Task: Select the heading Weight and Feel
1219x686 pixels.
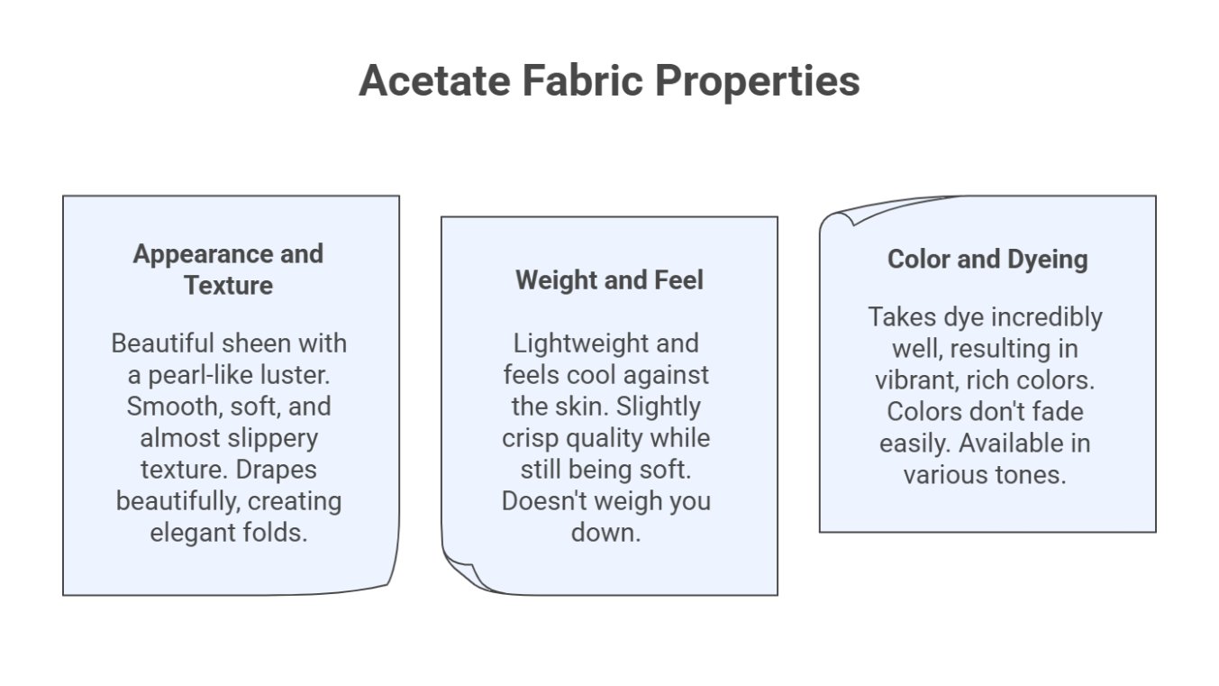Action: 609,280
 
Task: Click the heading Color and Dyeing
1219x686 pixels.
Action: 987,260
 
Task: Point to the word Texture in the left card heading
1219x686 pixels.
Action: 229,286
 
